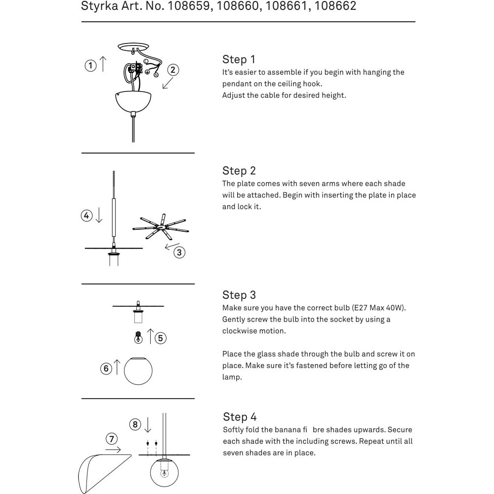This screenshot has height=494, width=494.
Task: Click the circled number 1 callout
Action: [x=90, y=65]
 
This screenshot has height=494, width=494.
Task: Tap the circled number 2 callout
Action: [x=172, y=70]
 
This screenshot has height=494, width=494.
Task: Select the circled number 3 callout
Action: [x=179, y=252]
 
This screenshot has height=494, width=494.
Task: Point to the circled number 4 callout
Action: [x=87, y=215]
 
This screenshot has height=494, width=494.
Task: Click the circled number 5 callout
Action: [x=161, y=338]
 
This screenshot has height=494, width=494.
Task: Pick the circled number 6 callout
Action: [x=106, y=369]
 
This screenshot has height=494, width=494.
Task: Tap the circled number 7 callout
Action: [x=112, y=439]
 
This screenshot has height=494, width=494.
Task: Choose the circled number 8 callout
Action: [x=136, y=424]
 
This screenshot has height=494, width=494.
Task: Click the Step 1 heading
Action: [x=239, y=59]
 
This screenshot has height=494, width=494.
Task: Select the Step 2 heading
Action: [x=239, y=171]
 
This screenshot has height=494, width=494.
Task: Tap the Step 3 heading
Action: [x=239, y=295]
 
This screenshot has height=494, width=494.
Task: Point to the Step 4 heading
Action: [x=240, y=416]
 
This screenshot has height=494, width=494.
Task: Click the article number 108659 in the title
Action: [x=190, y=6]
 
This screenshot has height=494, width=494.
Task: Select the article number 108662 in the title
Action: [x=335, y=6]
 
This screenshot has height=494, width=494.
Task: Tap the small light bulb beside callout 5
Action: [x=138, y=338]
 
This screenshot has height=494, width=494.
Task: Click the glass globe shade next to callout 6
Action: [x=138, y=371]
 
